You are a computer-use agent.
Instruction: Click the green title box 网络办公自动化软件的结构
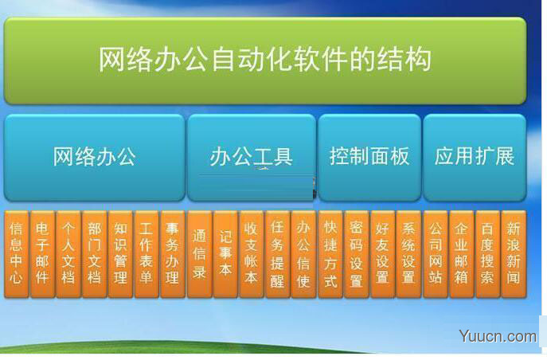pos(264,61)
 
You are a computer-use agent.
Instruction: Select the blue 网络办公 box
pos(94,156)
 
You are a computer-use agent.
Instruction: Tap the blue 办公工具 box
pos(251,156)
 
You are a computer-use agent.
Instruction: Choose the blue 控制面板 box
pos(369,156)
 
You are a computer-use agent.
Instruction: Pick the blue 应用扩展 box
pos(474,156)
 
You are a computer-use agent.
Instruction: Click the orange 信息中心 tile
pos(16,254)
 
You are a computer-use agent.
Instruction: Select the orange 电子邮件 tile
pos(42,254)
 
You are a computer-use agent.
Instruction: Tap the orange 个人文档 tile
pos(68,254)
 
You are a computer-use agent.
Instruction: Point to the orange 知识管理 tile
pos(120,254)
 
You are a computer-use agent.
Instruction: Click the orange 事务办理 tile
pos(172,254)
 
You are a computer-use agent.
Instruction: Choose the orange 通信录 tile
pos(199,254)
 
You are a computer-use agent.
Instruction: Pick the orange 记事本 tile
pos(225,254)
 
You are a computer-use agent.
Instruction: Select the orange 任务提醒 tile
pos(277,254)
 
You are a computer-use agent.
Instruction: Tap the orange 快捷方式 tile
pos(330,254)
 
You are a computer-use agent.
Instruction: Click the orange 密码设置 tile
pos(356,254)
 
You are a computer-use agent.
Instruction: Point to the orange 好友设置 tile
pos(382,254)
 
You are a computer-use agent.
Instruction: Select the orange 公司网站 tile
pos(435,254)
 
